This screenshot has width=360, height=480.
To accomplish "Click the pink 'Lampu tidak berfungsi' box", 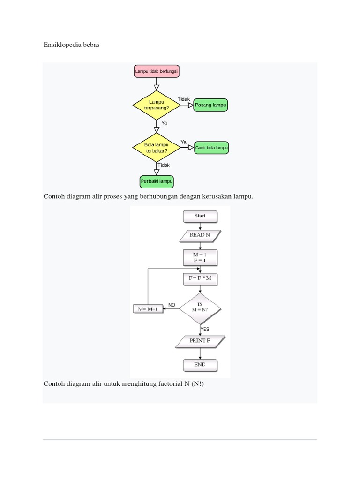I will [157, 71].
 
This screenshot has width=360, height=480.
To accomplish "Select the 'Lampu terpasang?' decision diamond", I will [157, 105].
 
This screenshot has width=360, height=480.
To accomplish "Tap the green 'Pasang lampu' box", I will [210, 105].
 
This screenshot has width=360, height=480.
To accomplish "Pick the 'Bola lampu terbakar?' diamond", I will [157, 148].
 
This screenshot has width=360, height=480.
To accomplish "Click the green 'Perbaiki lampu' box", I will [157, 181].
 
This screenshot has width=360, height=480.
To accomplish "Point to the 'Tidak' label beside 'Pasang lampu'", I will [184, 99].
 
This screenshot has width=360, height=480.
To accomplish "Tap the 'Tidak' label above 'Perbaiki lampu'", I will [164, 165].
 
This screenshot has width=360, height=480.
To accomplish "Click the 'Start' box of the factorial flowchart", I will [200, 216].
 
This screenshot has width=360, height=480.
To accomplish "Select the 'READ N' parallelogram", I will [200, 235].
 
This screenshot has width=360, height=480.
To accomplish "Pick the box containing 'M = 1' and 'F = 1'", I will [200, 257].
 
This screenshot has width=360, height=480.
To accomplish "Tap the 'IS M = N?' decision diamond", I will [200, 307].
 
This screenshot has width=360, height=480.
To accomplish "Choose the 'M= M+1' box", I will [148, 309].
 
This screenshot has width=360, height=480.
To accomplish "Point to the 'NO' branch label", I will [172, 305].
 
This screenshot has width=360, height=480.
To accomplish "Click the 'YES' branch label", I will [205, 329].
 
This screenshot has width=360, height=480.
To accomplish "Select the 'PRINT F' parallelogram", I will [200, 341].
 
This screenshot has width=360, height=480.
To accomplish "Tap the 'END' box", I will [200, 364].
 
